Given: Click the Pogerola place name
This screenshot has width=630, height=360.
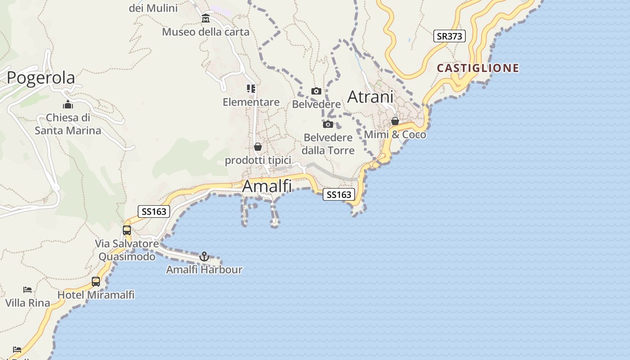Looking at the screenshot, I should tap(41, 78).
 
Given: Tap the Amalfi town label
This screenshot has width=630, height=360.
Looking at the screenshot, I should tap(267, 186).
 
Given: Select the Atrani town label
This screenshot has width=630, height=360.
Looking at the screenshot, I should tap(370, 97).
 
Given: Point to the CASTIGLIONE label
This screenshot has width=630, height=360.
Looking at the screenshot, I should tap(478, 68).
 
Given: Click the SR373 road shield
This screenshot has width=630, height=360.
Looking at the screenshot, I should tap(449, 36).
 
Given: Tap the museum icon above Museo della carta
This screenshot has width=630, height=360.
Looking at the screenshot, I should tap(206, 18).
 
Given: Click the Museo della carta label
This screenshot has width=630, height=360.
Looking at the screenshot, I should tap(206, 32).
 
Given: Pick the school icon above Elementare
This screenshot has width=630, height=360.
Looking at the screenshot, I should tap(251, 89).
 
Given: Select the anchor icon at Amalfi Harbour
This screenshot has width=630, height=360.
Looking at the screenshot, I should tap(204, 256).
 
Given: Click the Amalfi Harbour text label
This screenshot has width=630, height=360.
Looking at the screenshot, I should tap(204, 270).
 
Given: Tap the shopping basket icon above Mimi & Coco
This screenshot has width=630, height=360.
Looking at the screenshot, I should tap(395, 121).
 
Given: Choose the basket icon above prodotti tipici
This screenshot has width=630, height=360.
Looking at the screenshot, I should tap(258, 147).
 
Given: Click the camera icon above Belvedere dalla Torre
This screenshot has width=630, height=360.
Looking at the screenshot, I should tap(328, 124).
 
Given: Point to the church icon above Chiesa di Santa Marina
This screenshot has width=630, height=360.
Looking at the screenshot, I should tap(68, 104).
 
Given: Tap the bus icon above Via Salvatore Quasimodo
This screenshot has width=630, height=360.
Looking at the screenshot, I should tap(127, 230).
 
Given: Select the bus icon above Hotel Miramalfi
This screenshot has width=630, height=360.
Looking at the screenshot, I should tap(96, 282).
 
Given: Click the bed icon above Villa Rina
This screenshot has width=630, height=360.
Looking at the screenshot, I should tap(27, 289).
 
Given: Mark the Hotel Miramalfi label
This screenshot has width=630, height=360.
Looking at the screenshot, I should tap(96, 295).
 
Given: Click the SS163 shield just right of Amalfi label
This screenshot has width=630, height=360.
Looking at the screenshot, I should tap(339, 194).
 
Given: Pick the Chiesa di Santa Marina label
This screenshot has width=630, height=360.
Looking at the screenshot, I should tap(68, 124).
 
